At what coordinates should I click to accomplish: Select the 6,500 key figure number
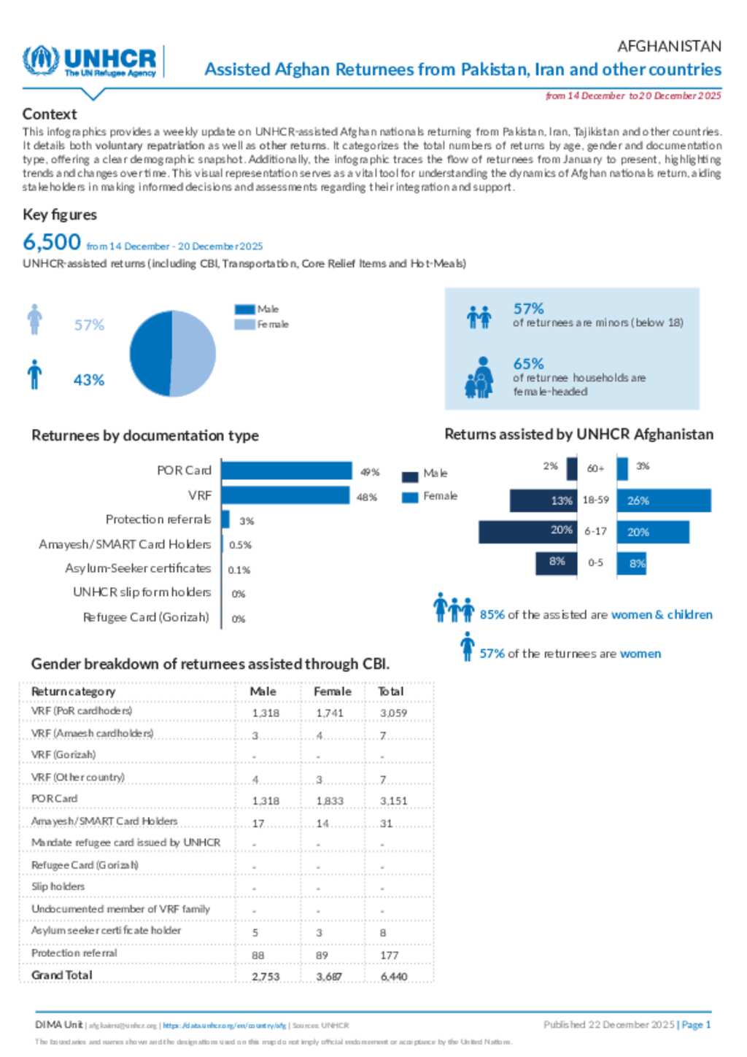(x=52, y=242)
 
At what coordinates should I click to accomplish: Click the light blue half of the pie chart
(x=193, y=354)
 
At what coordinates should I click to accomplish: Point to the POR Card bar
(x=287, y=471)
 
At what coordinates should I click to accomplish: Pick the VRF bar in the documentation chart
(x=285, y=495)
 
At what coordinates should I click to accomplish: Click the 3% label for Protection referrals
(x=247, y=521)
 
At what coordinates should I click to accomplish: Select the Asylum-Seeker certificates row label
(x=138, y=568)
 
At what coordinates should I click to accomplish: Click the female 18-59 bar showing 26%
(x=664, y=500)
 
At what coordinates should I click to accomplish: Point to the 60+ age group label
(x=595, y=468)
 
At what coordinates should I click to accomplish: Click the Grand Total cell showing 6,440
(x=394, y=976)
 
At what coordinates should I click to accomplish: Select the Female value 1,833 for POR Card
(x=330, y=800)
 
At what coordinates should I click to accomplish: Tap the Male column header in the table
(x=263, y=691)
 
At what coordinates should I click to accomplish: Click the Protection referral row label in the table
(x=74, y=953)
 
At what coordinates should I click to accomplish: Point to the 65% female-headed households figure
(x=528, y=363)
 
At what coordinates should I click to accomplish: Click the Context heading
(x=50, y=114)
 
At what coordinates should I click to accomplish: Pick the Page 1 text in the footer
(x=696, y=1024)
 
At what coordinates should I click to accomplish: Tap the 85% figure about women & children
(x=492, y=615)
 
